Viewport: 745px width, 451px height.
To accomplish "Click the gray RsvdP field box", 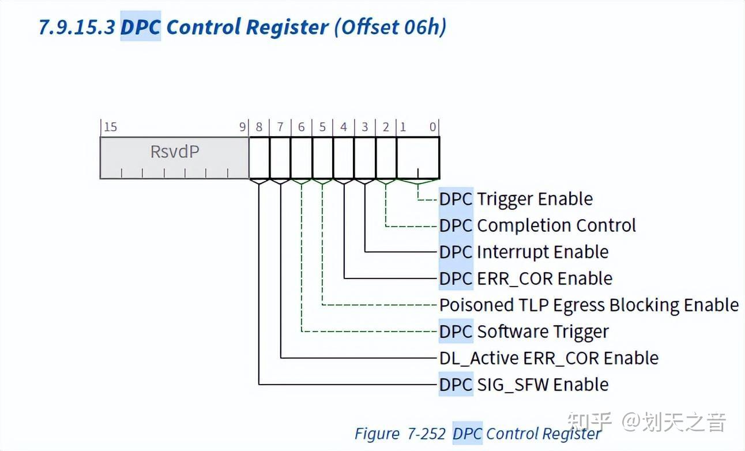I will click(175, 157).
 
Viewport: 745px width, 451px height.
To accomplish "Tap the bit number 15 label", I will click(110, 127).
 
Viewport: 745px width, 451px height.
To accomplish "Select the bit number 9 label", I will click(243, 127).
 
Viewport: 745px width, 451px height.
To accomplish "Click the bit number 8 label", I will click(259, 127).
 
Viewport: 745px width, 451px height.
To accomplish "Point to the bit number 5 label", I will click(322, 127).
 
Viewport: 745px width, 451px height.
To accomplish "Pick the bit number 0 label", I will click(433, 127).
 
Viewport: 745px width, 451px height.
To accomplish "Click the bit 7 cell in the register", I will click(280, 157).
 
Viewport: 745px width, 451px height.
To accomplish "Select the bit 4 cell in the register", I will click(344, 157).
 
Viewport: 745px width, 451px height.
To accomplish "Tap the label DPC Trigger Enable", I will click(516, 199).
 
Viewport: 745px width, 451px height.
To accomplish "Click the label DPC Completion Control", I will click(537, 225).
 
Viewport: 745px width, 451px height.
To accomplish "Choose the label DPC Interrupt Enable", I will click(524, 252).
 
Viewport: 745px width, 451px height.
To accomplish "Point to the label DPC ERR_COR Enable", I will click(525, 279).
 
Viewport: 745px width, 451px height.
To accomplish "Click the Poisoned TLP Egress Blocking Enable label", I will click(589, 305).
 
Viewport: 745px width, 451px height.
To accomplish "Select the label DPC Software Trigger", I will click(524, 332).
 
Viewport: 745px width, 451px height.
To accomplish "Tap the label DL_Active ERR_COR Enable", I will click(548, 358).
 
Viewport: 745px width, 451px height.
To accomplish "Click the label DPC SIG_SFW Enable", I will click(524, 385).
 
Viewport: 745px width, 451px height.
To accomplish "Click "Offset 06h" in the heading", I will click(390, 27).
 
